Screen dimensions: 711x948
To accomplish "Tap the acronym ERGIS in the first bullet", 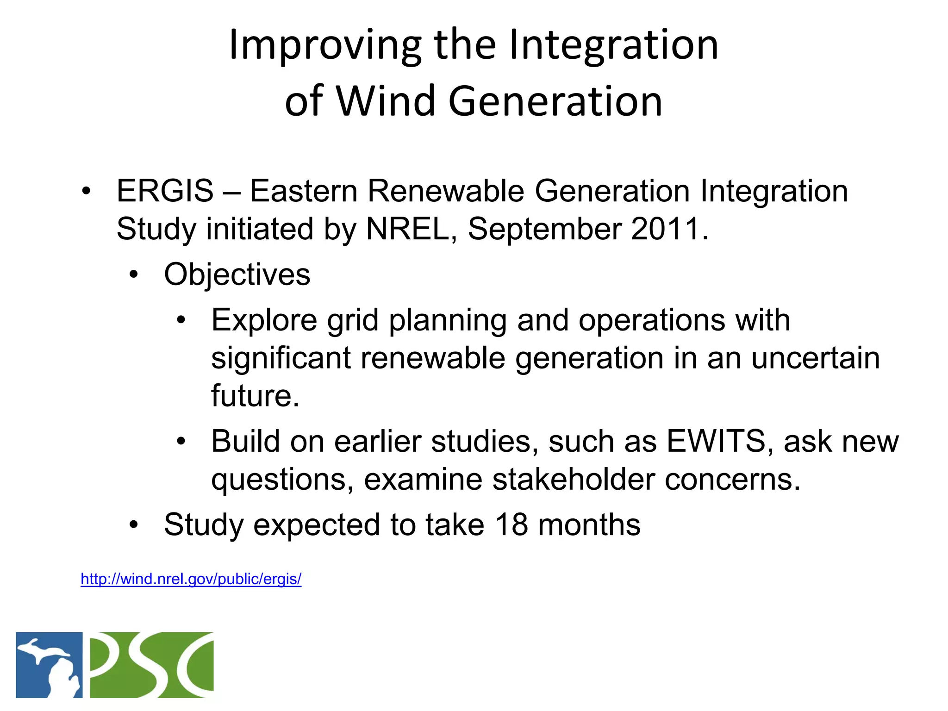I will [165, 191].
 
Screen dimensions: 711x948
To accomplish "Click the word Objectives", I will [237, 274].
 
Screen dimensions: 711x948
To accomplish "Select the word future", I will [255, 396].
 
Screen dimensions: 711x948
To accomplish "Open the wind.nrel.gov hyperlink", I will [191, 579].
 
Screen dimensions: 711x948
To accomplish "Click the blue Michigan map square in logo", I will [49, 665].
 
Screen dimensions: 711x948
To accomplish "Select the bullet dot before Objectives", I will [134, 275].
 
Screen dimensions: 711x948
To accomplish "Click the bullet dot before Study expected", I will [134, 525].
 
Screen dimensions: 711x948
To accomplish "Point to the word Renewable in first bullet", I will [446, 191].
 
